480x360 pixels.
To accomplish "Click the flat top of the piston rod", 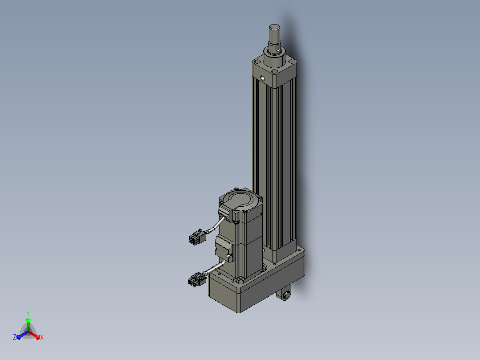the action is (x=274, y=27).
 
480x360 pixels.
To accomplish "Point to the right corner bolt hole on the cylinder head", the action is (x=292, y=62).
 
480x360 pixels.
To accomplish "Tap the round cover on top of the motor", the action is (x=241, y=200).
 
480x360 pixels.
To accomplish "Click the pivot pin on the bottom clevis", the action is (x=287, y=295).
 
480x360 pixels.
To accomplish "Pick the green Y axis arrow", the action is (x=28, y=324).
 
